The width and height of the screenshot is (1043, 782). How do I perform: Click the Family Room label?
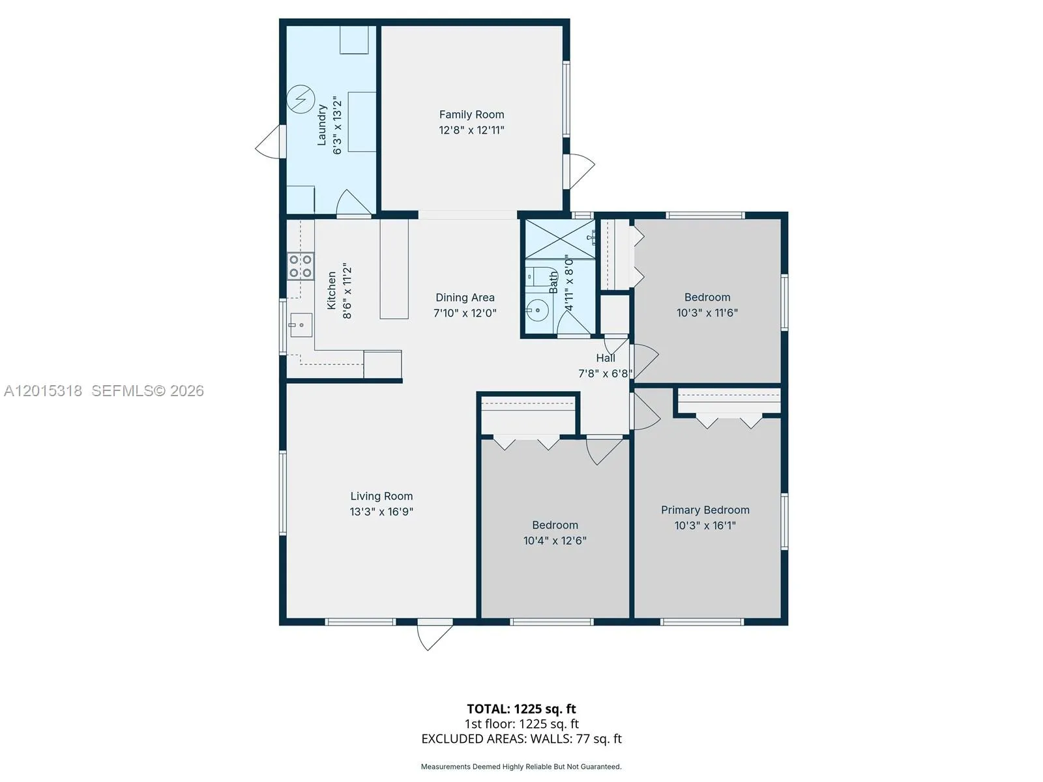click(471, 115)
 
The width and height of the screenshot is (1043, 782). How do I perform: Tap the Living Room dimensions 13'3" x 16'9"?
click(381, 512)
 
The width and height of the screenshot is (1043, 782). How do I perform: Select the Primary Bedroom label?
click(705, 510)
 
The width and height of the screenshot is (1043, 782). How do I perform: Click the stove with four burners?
click(301, 267)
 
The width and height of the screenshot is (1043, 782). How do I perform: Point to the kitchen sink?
click(301, 325)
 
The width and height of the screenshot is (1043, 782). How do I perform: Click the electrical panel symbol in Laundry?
click(301, 99)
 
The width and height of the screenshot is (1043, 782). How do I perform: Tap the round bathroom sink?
click(537, 311)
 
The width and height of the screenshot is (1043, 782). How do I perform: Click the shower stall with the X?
click(560, 239)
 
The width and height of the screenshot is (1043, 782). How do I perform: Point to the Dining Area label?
click(465, 298)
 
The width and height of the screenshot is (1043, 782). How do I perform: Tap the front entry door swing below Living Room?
click(434, 634)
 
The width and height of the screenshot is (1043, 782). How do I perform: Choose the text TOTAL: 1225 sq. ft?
click(521, 709)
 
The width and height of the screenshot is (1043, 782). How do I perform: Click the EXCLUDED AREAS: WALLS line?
click(521, 739)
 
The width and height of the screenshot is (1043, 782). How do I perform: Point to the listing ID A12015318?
click(43, 391)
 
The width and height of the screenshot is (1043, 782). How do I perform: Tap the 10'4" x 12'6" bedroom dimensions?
click(555, 540)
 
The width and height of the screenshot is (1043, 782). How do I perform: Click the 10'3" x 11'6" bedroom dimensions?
click(707, 312)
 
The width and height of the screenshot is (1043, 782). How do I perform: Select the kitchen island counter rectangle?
click(394, 268)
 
